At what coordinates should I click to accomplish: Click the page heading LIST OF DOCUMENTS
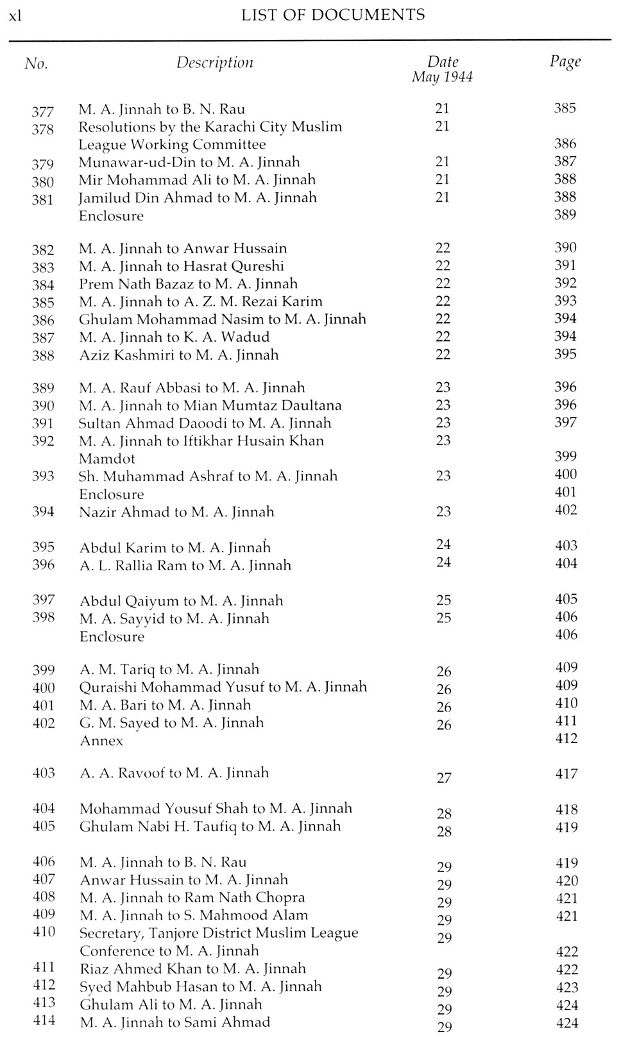pyautogui.click(x=333, y=15)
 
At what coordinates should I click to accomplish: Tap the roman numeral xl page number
pyautogui.click(x=15, y=16)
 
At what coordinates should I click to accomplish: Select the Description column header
pyautogui.click(x=215, y=63)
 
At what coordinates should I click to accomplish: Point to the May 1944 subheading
pyautogui.click(x=442, y=78)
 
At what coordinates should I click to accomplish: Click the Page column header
pyautogui.click(x=565, y=62)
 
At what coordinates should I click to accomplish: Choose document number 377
pyautogui.click(x=43, y=111)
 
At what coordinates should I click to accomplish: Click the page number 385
pyautogui.click(x=565, y=109)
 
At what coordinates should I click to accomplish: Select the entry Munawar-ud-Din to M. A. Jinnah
pyautogui.click(x=189, y=162)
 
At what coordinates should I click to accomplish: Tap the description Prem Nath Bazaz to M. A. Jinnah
pyautogui.click(x=188, y=284)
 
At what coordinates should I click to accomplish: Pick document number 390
pyautogui.click(x=43, y=406)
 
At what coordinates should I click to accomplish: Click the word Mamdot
pyautogui.click(x=106, y=459)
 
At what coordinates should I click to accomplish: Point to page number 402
pyautogui.click(x=565, y=511)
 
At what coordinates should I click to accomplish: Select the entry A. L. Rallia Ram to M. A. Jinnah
pyautogui.click(x=185, y=566)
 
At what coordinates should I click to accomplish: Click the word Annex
pyautogui.click(x=101, y=741)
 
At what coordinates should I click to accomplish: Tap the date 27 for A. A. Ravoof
pyautogui.click(x=444, y=778)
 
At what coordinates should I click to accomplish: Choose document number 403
pyautogui.click(x=44, y=773)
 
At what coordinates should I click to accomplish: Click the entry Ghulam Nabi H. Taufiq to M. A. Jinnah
pyautogui.click(x=210, y=827)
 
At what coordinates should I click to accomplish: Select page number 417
pyautogui.click(x=567, y=774)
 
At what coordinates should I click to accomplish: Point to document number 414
pyautogui.click(x=44, y=1020)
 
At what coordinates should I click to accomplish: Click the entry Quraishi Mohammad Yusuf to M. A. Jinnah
pyautogui.click(x=223, y=687)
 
